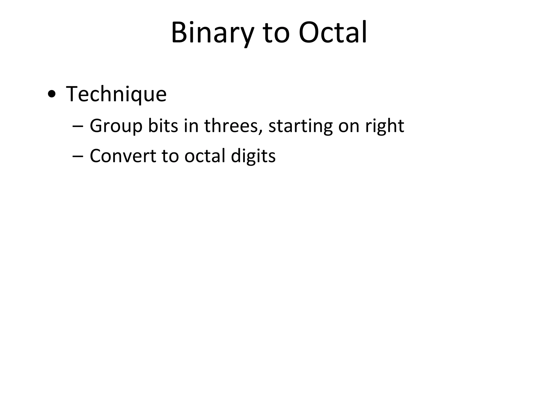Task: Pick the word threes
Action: click(231, 126)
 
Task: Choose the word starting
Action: click(300, 126)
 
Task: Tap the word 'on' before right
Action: click(349, 126)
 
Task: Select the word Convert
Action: click(123, 156)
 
